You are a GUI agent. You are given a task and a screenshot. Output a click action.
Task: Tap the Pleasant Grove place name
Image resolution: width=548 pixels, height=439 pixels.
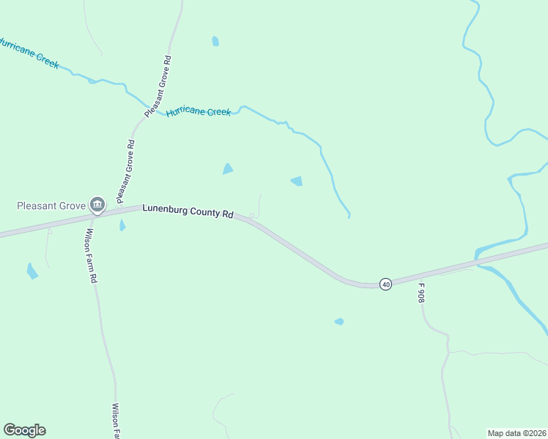point(51,206)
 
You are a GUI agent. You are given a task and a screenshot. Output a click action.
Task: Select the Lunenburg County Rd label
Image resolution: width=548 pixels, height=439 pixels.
point(188,211)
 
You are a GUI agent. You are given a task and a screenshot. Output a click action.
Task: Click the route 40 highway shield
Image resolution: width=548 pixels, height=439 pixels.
point(385,284)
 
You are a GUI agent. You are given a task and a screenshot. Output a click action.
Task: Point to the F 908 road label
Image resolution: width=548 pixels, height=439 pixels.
point(421,293)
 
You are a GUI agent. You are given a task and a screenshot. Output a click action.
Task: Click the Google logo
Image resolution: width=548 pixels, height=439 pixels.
point(24,430)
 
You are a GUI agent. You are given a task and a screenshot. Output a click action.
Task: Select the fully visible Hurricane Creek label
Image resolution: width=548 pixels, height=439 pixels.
point(198,112)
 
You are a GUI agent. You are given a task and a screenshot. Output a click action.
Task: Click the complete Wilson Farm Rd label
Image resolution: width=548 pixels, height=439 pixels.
point(90,256)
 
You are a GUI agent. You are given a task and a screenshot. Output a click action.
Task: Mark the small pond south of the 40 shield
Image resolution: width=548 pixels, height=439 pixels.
point(339,321)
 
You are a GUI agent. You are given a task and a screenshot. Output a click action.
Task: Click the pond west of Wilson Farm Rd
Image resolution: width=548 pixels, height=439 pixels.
point(32,271)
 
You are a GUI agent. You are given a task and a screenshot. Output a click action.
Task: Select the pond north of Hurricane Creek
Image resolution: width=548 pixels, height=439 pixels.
point(215,41)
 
